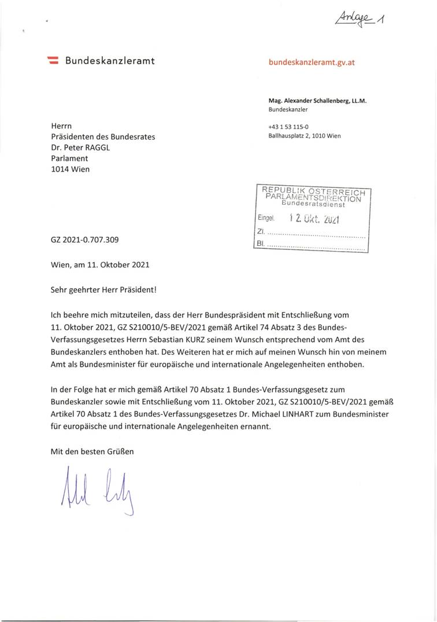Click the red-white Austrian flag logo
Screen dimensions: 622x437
pos(53,60)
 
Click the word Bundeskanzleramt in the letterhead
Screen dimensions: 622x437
pos(110,60)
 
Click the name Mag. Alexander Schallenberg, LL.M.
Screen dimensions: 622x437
pos(317,100)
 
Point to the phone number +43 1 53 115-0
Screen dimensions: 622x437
pos(288,127)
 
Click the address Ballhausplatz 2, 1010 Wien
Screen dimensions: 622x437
pos(304,136)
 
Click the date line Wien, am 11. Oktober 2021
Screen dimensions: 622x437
pos(100,265)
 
